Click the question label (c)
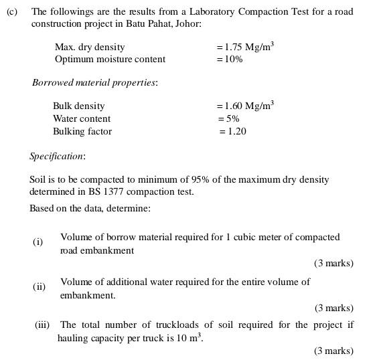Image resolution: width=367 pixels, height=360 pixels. click(11, 12)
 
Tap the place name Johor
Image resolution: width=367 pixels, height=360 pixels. click(187, 23)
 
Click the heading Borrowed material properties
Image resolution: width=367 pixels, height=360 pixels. click(95, 83)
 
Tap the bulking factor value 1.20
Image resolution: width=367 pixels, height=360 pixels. click(234, 131)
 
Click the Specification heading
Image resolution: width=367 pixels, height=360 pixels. click(58, 156)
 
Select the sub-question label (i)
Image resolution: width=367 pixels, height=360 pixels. click(38, 242)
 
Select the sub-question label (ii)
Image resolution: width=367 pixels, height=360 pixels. click(40, 286)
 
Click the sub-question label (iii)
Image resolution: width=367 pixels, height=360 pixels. click(43, 325)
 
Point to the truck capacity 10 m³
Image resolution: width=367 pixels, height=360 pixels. click(191, 338)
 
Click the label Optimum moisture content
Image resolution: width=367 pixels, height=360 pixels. click(110, 59)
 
